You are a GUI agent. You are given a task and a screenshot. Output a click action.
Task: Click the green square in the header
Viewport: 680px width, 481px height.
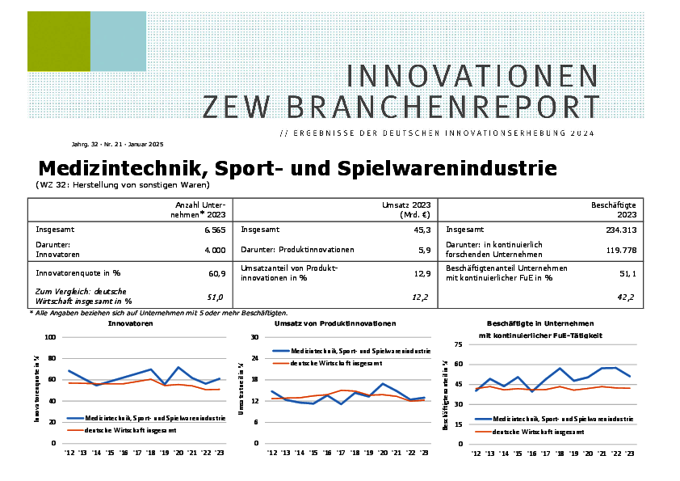click(x=58, y=41)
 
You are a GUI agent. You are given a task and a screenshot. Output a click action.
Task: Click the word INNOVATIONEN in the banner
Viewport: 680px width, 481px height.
click(x=472, y=75)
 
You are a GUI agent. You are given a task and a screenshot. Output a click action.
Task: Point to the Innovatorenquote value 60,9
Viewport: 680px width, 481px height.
click(x=216, y=273)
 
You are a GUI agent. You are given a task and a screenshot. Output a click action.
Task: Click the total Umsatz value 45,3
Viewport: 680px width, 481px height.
click(x=418, y=230)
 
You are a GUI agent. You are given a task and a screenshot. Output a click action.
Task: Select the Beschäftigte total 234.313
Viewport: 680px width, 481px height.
click(x=619, y=230)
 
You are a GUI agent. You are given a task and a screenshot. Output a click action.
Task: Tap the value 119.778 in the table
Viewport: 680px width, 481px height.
click(x=619, y=250)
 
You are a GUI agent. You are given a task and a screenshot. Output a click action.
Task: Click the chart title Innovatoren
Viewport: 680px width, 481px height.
click(x=131, y=323)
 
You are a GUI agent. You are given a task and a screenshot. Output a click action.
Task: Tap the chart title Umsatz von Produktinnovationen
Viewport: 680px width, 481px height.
click(x=335, y=323)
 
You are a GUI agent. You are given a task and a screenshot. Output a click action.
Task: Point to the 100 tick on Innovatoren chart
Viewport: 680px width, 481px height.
click(x=50, y=337)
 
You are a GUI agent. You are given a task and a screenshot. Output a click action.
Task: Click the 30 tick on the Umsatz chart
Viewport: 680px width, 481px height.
click(x=254, y=337)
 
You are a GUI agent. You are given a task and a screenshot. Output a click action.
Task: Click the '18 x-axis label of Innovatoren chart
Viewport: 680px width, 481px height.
click(x=150, y=454)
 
